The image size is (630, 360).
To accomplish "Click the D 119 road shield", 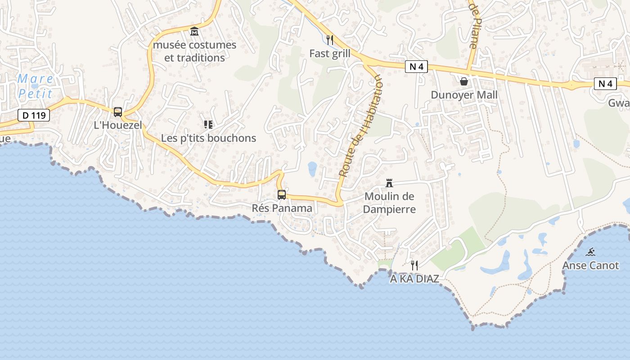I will click(34, 115).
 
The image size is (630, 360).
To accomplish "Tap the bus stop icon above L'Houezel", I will click(118, 112).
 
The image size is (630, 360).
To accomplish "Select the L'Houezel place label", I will click(118, 125).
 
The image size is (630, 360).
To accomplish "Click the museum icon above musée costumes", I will click(194, 31).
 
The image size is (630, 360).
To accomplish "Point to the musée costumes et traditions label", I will click(194, 51).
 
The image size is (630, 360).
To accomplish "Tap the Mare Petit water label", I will click(35, 86).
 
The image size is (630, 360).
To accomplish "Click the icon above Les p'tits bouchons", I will click(208, 124).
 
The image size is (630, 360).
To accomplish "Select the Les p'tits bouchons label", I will click(208, 138).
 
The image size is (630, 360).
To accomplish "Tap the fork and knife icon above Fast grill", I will click(330, 40).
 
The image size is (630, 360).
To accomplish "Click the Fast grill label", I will click(330, 54).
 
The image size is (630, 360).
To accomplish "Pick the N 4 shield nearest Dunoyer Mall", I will click(416, 67).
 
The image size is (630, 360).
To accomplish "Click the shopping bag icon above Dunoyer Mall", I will click(464, 81).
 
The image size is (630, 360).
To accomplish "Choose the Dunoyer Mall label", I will click(464, 95).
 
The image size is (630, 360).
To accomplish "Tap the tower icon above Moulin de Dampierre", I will click(390, 183).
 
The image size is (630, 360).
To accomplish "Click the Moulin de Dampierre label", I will click(389, 202).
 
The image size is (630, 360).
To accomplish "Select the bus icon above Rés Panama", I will click(282, 194).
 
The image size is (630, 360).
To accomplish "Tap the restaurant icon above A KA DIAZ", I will click(414, 265).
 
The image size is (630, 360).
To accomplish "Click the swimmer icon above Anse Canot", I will click(591, 252).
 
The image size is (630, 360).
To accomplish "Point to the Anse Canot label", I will click(590, 265).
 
